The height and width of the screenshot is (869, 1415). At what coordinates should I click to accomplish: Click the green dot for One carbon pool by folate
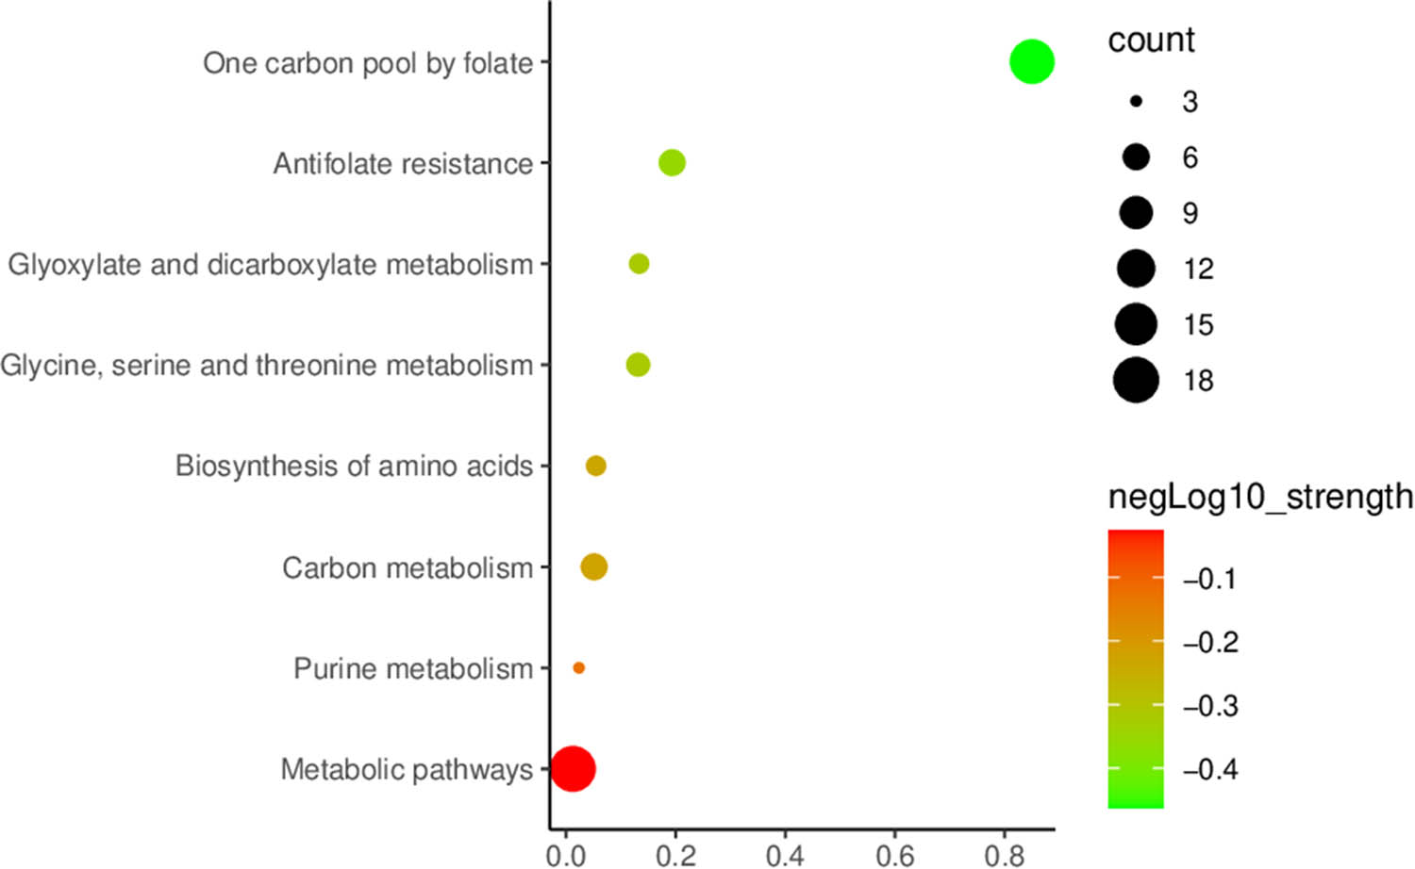coord(1031,62)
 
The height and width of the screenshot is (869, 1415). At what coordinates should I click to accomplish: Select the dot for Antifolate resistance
coord(672,163)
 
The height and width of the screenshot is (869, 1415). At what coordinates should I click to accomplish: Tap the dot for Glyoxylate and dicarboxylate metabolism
coord(639,264)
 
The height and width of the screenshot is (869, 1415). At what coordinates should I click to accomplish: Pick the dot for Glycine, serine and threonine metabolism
coord(638,365)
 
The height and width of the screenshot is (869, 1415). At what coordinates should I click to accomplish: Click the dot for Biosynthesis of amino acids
coord(595,466)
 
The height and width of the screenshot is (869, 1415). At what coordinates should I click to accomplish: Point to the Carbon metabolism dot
coord(593,567)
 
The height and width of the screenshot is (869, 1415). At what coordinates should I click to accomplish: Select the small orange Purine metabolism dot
coord(578,668)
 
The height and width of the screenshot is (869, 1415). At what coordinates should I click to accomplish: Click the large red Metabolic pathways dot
coord(573,769)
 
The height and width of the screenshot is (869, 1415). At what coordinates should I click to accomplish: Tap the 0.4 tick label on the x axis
coord(784,854)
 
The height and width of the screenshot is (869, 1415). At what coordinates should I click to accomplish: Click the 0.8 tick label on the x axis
coord(1004,854)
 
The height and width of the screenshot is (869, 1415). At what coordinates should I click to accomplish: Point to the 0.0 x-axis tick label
coord(565,854)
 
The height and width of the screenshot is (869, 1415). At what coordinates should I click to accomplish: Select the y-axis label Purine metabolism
coord(412,669)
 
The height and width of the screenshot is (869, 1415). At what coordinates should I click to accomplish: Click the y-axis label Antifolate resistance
coord(403,164)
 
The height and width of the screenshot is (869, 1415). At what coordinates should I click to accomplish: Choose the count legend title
coord(1150,41)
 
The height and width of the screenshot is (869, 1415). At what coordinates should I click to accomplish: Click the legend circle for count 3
coord(1136,101)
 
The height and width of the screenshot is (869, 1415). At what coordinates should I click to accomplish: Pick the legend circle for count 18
coord(1136,381)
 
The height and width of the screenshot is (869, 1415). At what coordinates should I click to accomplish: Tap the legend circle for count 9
coord(1136,213)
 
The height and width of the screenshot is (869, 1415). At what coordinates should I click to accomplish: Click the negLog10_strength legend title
coord(1259,497)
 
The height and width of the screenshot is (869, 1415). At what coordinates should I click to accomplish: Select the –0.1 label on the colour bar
coord(1209,579)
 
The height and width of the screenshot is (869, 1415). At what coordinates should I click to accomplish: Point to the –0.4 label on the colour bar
coord(1209,770)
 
